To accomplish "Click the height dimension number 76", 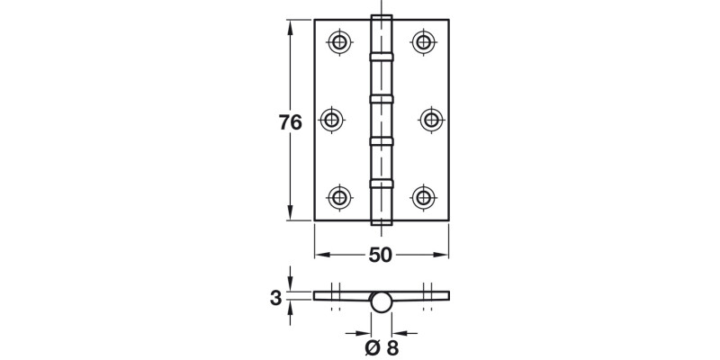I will (290, 124).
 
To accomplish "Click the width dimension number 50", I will (381, 255).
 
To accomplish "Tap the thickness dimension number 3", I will (276, 296).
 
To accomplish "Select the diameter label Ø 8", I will (381, 347).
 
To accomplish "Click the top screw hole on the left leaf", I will (339, 41).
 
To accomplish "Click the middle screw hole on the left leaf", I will (334, 119).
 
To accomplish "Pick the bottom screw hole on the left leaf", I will (339, 196).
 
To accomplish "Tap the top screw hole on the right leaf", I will (424, 41).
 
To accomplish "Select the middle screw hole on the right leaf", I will (430, 119).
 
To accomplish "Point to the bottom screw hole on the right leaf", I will (424, 196).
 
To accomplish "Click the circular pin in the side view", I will (382, 302).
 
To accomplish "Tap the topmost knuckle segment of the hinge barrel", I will (382, 34).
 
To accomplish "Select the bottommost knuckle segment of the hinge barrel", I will (382, 203).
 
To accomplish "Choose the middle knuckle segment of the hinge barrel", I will (382, 119).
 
